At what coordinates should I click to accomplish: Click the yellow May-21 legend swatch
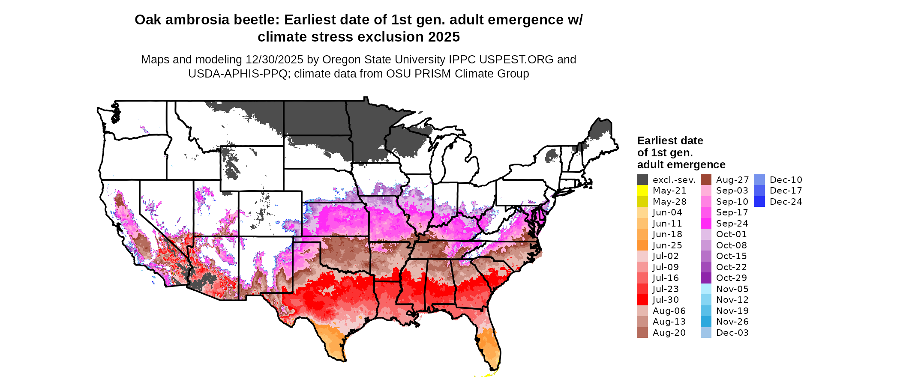642,191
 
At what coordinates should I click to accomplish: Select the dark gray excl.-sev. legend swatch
642,180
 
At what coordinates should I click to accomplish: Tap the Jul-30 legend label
666,300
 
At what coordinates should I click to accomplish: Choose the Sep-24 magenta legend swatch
706,224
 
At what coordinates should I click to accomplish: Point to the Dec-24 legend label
786,202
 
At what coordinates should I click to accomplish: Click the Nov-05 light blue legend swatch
706,289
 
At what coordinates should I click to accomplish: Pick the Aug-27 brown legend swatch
706,180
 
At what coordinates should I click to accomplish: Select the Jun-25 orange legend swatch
642,245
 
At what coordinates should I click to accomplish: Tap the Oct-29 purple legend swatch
706,278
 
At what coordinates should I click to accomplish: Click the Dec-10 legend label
786,180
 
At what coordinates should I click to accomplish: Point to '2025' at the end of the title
444,37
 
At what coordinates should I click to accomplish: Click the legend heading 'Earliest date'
670,140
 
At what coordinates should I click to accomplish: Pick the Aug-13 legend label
669,322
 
